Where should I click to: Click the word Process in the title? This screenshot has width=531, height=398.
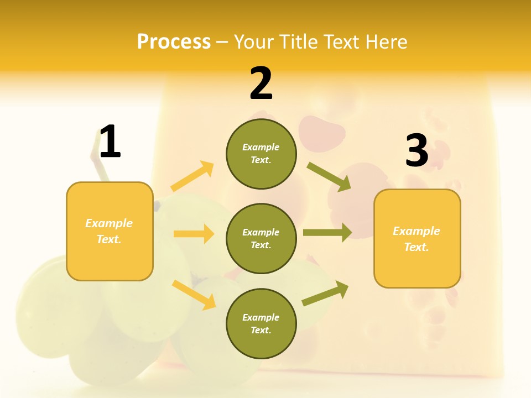click(174, 42)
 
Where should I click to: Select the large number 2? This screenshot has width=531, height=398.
click(261, 83)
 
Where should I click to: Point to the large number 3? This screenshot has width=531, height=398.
click(417, 150)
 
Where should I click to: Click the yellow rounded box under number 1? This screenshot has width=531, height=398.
click(110, 231)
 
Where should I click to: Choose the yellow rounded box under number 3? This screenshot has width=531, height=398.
click(417, 239)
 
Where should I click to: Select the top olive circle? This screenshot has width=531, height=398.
click(261, 154)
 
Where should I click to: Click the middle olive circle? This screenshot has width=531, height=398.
click(261, 239)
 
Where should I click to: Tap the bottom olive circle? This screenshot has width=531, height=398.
click(261, 324)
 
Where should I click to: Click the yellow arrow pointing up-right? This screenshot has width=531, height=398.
click(192, 176)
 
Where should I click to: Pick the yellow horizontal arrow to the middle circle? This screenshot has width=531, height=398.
click(194, 234)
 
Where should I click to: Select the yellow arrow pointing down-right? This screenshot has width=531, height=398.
click(194, 295)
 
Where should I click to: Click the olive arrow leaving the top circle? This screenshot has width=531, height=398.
click(329, 176)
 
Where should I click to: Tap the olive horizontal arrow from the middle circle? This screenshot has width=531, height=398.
click(327, 233)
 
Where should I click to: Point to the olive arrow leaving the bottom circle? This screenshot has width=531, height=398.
click(325, 294)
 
